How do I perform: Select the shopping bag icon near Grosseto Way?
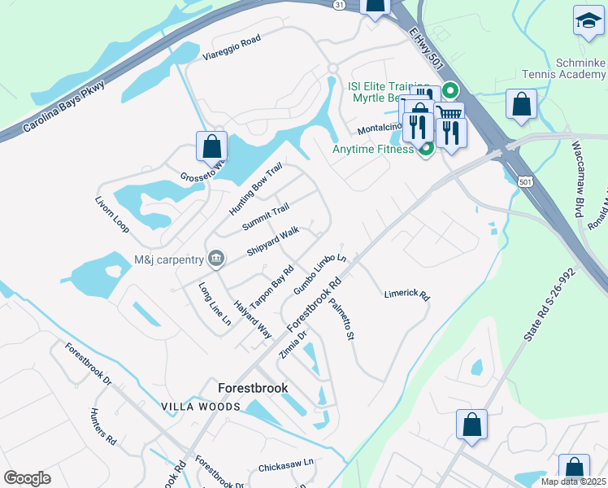click(x=211, y=147)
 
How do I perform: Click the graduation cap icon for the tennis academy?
click(x=588, y=21)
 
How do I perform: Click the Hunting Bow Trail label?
click(x=254, y=188)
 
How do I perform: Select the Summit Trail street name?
click(x=265, y=216)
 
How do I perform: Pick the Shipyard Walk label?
click(x=273, y=241)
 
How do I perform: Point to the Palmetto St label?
click(x=342, y=319)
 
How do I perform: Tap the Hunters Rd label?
click(x=103, y=426)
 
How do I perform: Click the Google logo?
click(x=27, y=477)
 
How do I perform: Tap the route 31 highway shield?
click(x=339, y=5)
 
